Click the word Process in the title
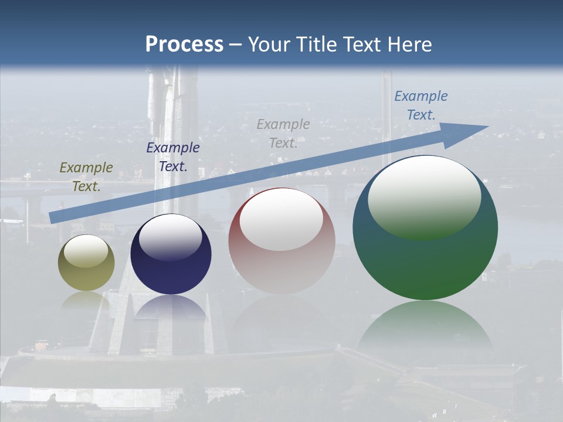(184, 44)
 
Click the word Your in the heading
(269, 44)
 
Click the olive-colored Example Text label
(86, 177)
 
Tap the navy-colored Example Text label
(173, 157)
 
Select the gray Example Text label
(283, 134)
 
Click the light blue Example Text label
(421, 105)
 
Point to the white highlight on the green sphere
(425, 196)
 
